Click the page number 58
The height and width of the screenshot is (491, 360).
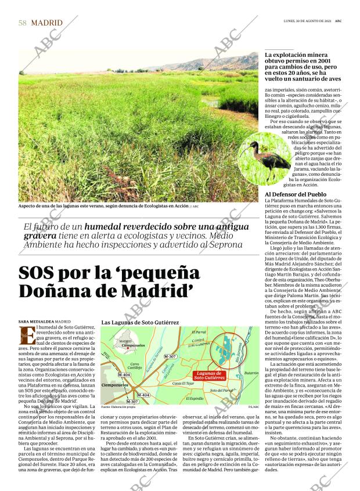pos(23,23)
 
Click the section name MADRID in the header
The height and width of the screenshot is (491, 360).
pos(47,23)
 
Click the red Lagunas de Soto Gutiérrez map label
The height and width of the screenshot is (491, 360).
pos(209,376)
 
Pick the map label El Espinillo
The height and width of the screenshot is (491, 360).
pos(195,399)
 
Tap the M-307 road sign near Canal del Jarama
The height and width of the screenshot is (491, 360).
pos(170,356)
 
